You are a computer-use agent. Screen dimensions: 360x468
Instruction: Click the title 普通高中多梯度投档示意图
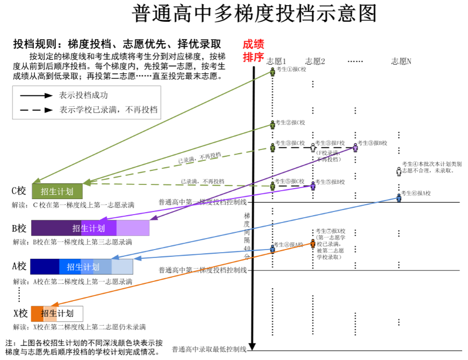tap(254, 14)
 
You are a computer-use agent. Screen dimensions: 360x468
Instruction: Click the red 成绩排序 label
tap(253, 51)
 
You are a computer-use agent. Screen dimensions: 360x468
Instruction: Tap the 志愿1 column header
tap(276, 61)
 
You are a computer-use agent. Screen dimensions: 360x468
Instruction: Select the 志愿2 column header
tap(315, 61)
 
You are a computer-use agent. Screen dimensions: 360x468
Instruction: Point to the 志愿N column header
tap(401, 61)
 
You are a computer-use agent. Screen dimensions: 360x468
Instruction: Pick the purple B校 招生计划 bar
tap(90, 228)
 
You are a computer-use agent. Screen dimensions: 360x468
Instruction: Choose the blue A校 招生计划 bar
tap(82, 267)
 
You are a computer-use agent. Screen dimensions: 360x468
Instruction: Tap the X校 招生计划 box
tap(57, 314)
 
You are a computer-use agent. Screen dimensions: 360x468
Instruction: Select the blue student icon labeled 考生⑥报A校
tap(399, 198)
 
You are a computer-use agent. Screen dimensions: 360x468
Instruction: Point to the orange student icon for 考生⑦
tap(313, 243)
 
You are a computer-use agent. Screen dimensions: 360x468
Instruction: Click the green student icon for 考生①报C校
tap(273, 72)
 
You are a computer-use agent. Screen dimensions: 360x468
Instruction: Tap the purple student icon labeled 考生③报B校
tap(355, 147)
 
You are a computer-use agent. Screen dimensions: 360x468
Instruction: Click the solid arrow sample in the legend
tap(36, 95)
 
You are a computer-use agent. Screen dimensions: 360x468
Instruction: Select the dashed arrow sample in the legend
tap(36, 110)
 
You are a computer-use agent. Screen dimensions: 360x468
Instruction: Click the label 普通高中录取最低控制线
tap(209, 349)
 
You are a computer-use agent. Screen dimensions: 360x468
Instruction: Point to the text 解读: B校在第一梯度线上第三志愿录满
tap(72, 242)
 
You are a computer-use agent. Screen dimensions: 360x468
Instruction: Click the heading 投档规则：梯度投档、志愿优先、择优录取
tap(117, 44)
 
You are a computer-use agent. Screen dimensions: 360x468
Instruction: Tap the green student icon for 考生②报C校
tap(273, 125)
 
